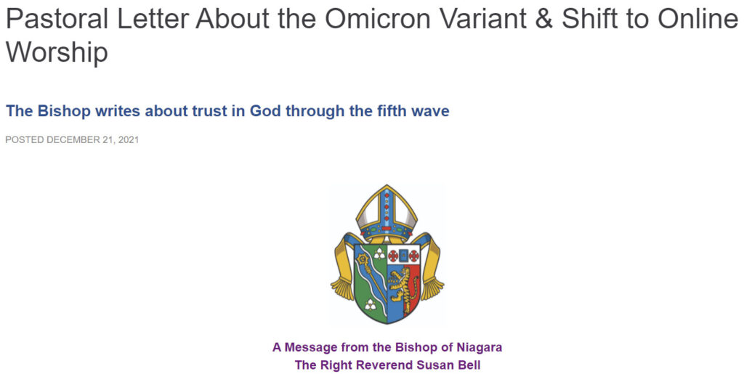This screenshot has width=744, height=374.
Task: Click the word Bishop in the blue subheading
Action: [x=64, y=111]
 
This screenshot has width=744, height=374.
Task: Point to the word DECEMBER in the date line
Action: [x=73, y=140]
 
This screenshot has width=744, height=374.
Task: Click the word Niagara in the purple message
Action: [x=480, y=347]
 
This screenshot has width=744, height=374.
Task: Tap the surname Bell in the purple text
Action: [x=470, y=365]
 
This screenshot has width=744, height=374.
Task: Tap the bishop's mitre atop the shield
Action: [x=387, y=210]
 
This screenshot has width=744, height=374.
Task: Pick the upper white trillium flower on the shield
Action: [x=379, y=254]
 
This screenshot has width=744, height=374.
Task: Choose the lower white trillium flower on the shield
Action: [x=371, y=304]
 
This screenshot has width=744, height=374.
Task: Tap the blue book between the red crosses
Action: [x=403, y=256]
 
